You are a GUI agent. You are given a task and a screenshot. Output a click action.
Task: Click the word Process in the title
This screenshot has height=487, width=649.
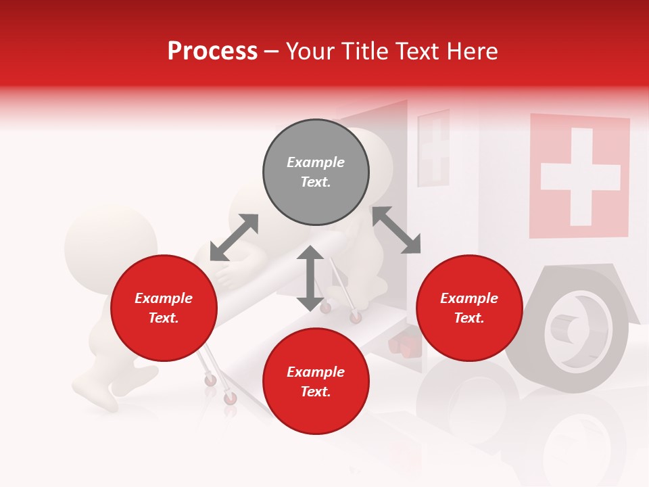pyautogui.click(x=212, y=51)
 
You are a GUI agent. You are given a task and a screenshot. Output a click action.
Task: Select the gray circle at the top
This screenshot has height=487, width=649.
pyautogui.click(x=316, y=172)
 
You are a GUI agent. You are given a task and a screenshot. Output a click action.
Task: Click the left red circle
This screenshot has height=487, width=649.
pyautogui.click(x=164, y=308)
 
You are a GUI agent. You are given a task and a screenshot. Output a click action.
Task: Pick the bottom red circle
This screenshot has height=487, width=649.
pyautogui.click(x=316, y=381)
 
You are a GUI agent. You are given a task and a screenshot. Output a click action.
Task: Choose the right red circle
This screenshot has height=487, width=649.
pyautogui.click(x=469, y=308)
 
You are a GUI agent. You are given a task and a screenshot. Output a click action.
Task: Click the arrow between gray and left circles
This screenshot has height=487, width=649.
pyautogui.click(x=234, y=237)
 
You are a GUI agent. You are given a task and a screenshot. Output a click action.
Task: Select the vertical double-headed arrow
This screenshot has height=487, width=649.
pyautogui.click(x=310, y=278)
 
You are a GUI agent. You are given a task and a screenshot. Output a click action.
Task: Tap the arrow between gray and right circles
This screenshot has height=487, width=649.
pyautogui.click(x=396, y=230)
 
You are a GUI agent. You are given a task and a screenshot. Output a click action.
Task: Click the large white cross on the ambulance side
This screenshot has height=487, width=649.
pyautogui.click(x=580, y=177)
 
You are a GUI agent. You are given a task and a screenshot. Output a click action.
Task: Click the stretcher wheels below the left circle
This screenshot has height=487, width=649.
pyautogui.click(x=220, y=388)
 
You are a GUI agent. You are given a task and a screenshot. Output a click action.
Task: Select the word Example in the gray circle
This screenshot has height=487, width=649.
pyautogui.click(x=316, y=162)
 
